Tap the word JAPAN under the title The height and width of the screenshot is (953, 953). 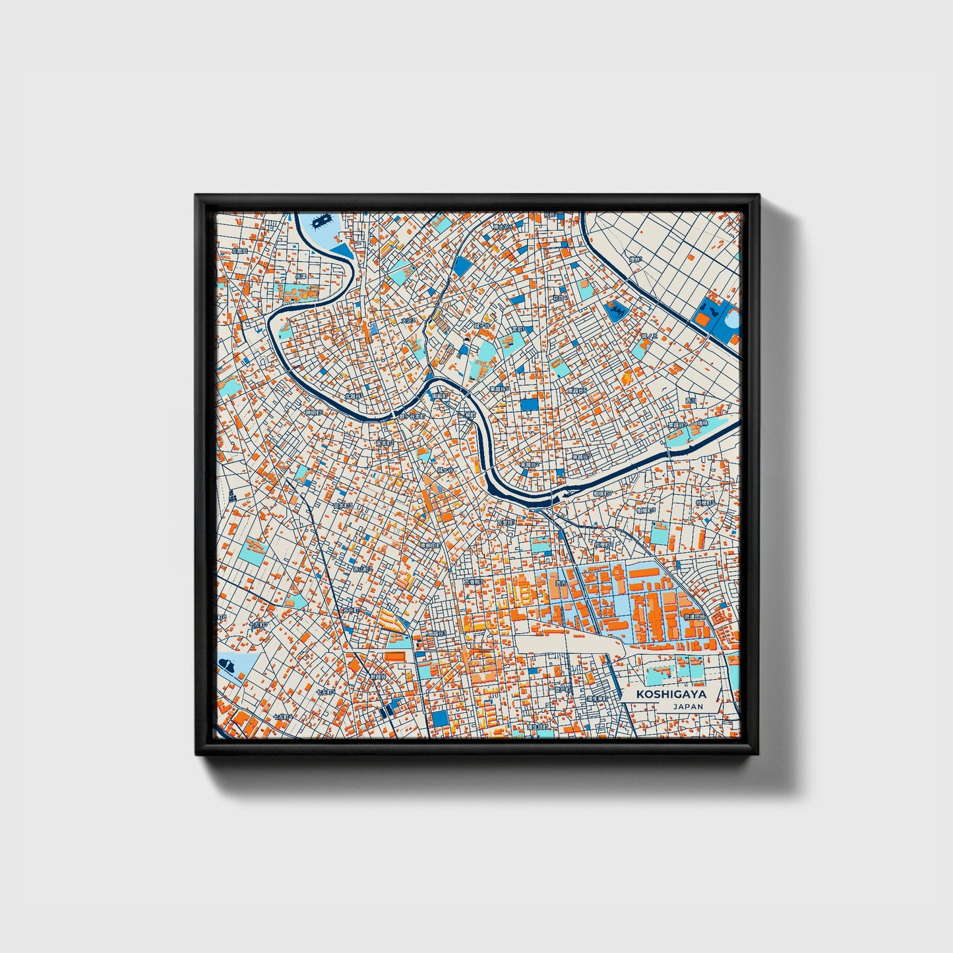coord(688,706)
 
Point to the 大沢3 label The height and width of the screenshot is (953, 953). coord(410,321)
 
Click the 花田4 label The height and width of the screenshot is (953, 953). coord(560,298)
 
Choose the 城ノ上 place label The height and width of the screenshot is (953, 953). coord(651,336)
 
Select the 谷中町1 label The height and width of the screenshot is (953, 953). coord(351,610)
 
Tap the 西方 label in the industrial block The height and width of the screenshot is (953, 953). coord(561,583)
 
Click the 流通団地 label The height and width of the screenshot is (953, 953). coord(694,617)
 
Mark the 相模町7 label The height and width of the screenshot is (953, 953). coord(602,493)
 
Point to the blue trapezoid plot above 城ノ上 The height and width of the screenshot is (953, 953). coord(618,309)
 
